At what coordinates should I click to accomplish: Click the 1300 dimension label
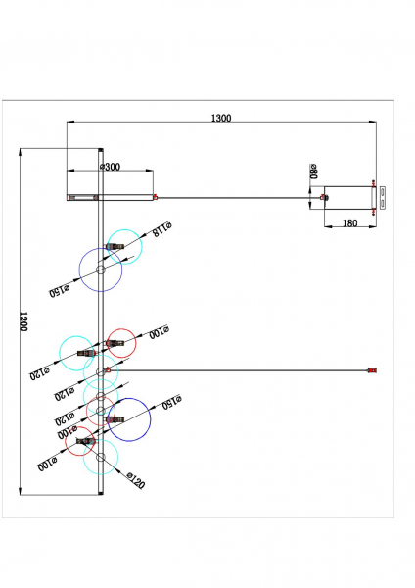point(221,118)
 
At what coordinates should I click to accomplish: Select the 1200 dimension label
point(23,321)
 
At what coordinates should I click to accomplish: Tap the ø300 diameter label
point(111,167)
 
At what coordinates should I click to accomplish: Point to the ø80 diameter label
point(313,171)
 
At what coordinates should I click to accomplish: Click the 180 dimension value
point(349,223)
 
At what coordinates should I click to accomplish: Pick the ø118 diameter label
point(162,228)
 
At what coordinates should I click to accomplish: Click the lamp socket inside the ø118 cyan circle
point(115,246)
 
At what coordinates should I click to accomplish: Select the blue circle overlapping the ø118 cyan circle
point(79,270)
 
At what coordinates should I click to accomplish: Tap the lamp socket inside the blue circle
point(115,419)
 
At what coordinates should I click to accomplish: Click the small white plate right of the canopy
point(383,198)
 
